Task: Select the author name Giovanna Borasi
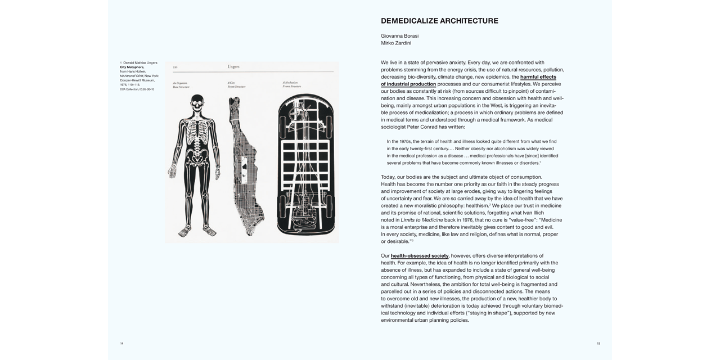click(x=399, y=36)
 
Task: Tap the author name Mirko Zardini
click(x=396, y=43)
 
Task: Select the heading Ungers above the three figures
click(x=233, y=67)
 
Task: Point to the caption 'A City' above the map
click(x=231, y=83)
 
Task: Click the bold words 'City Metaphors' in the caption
click(x=132, y=67)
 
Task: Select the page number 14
click(x=121, y=343)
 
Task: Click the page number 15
click(x=598, y=343)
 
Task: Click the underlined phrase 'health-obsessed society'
click(x=420, y=256)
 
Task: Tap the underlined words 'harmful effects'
click(x=538, y=77)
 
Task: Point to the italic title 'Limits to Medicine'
click(x=422, y=220)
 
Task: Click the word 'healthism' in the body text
click(x=474, y=206)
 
